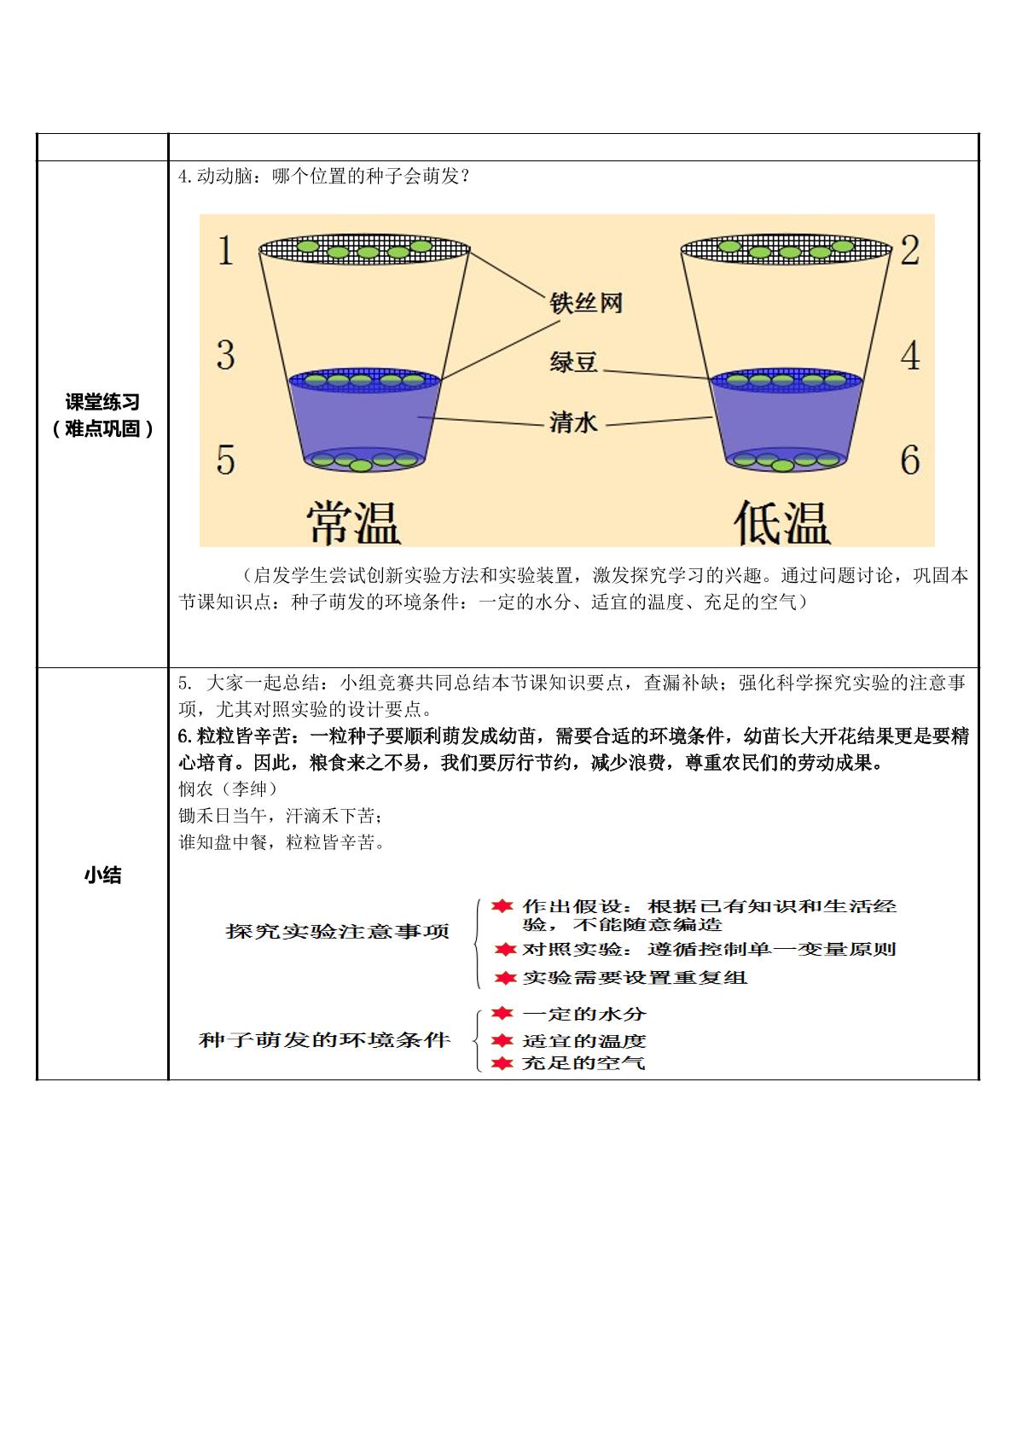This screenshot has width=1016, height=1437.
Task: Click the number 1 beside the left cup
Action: coord(224,250)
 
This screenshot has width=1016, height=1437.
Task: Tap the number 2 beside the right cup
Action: coord(909,250)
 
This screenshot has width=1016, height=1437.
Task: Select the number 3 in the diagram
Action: coord(225,355)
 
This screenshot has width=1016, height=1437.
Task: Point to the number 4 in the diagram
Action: coord(910,355)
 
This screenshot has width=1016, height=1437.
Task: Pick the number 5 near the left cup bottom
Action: coord(225,459)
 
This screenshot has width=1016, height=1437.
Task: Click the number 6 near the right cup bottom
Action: coord(910,459)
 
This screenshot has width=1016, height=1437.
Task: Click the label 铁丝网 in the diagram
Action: coord(585,303)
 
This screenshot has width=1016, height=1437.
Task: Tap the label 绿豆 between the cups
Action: coord(573,363)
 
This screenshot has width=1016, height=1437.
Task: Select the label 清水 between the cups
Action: coord(573,422)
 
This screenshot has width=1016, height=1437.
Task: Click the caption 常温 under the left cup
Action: coord(353,522)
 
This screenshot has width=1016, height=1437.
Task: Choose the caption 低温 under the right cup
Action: coord(782,522)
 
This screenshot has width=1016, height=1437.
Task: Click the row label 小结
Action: coord(102,875)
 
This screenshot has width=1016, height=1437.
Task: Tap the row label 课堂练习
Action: coord(102,402)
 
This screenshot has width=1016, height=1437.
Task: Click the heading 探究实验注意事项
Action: coord(337,931)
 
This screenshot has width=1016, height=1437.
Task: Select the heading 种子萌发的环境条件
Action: coord(324,1039)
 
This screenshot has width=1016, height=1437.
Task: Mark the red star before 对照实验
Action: coord(505,949)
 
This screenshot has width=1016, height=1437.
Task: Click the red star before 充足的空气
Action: coord(502,1063)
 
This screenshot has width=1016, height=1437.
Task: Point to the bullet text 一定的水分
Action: coord(584,1014)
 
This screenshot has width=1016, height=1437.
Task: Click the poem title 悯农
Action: coord(195,788)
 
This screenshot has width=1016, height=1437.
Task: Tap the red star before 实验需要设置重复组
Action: coord(505,978)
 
